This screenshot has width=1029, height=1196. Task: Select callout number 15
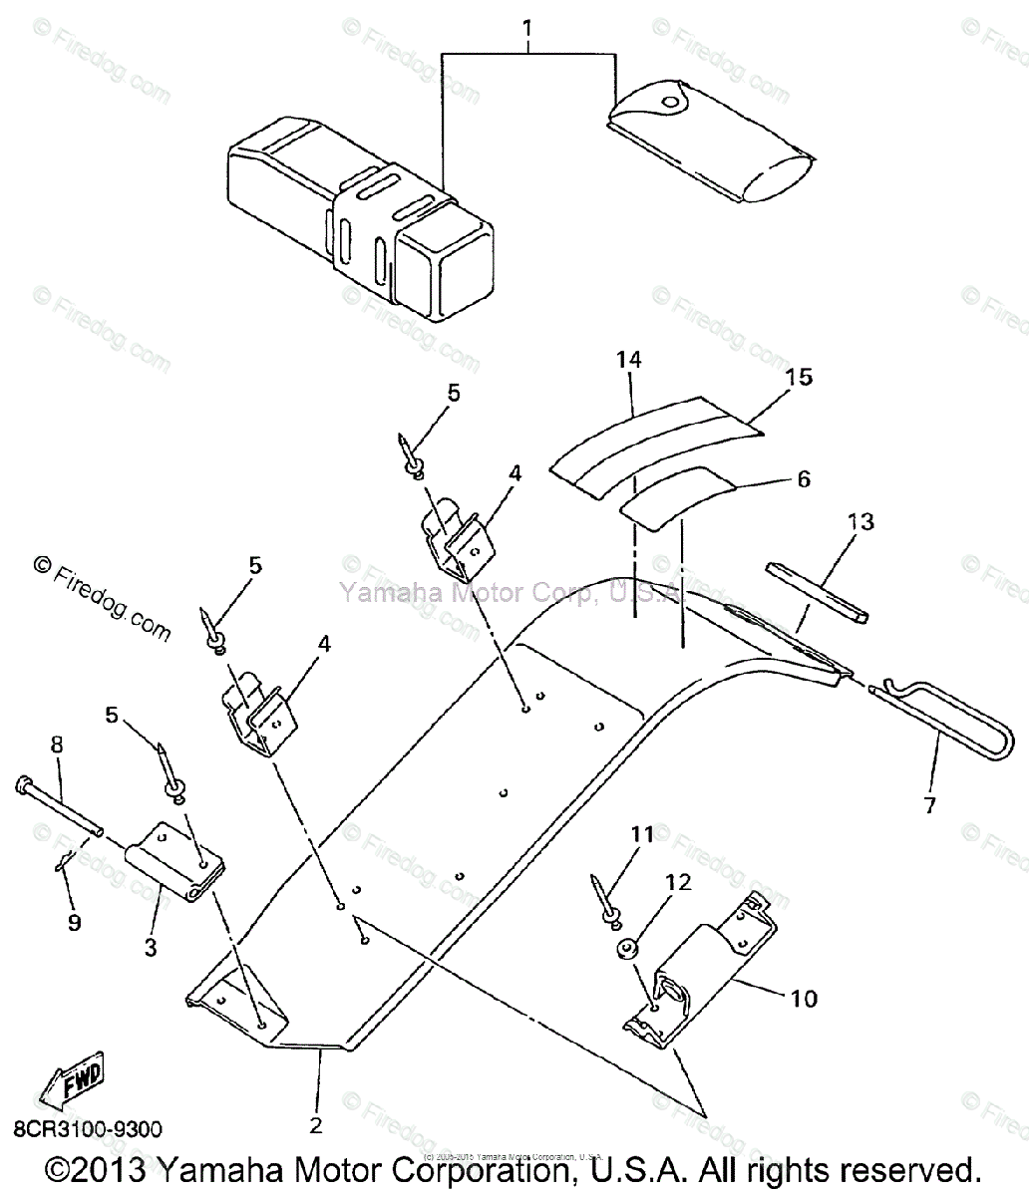[x=799, y=378]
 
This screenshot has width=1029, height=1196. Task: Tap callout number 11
[x=643, y=835]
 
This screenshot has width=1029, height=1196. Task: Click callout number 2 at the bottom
[x=316, y=1125]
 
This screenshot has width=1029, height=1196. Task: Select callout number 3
[x=151, y=948]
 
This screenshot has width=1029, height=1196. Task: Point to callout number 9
[x=75, y=923]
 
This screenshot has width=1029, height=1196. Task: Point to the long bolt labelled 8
[x=60, y=806]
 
